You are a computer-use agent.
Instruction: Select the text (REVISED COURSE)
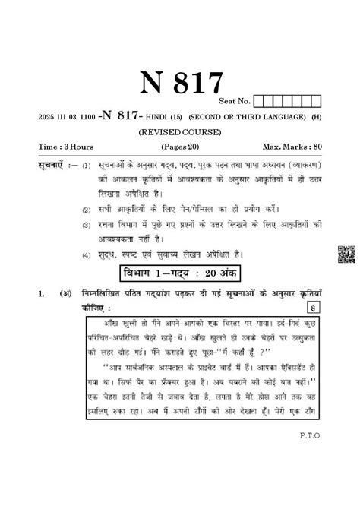(x=180, y=131)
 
